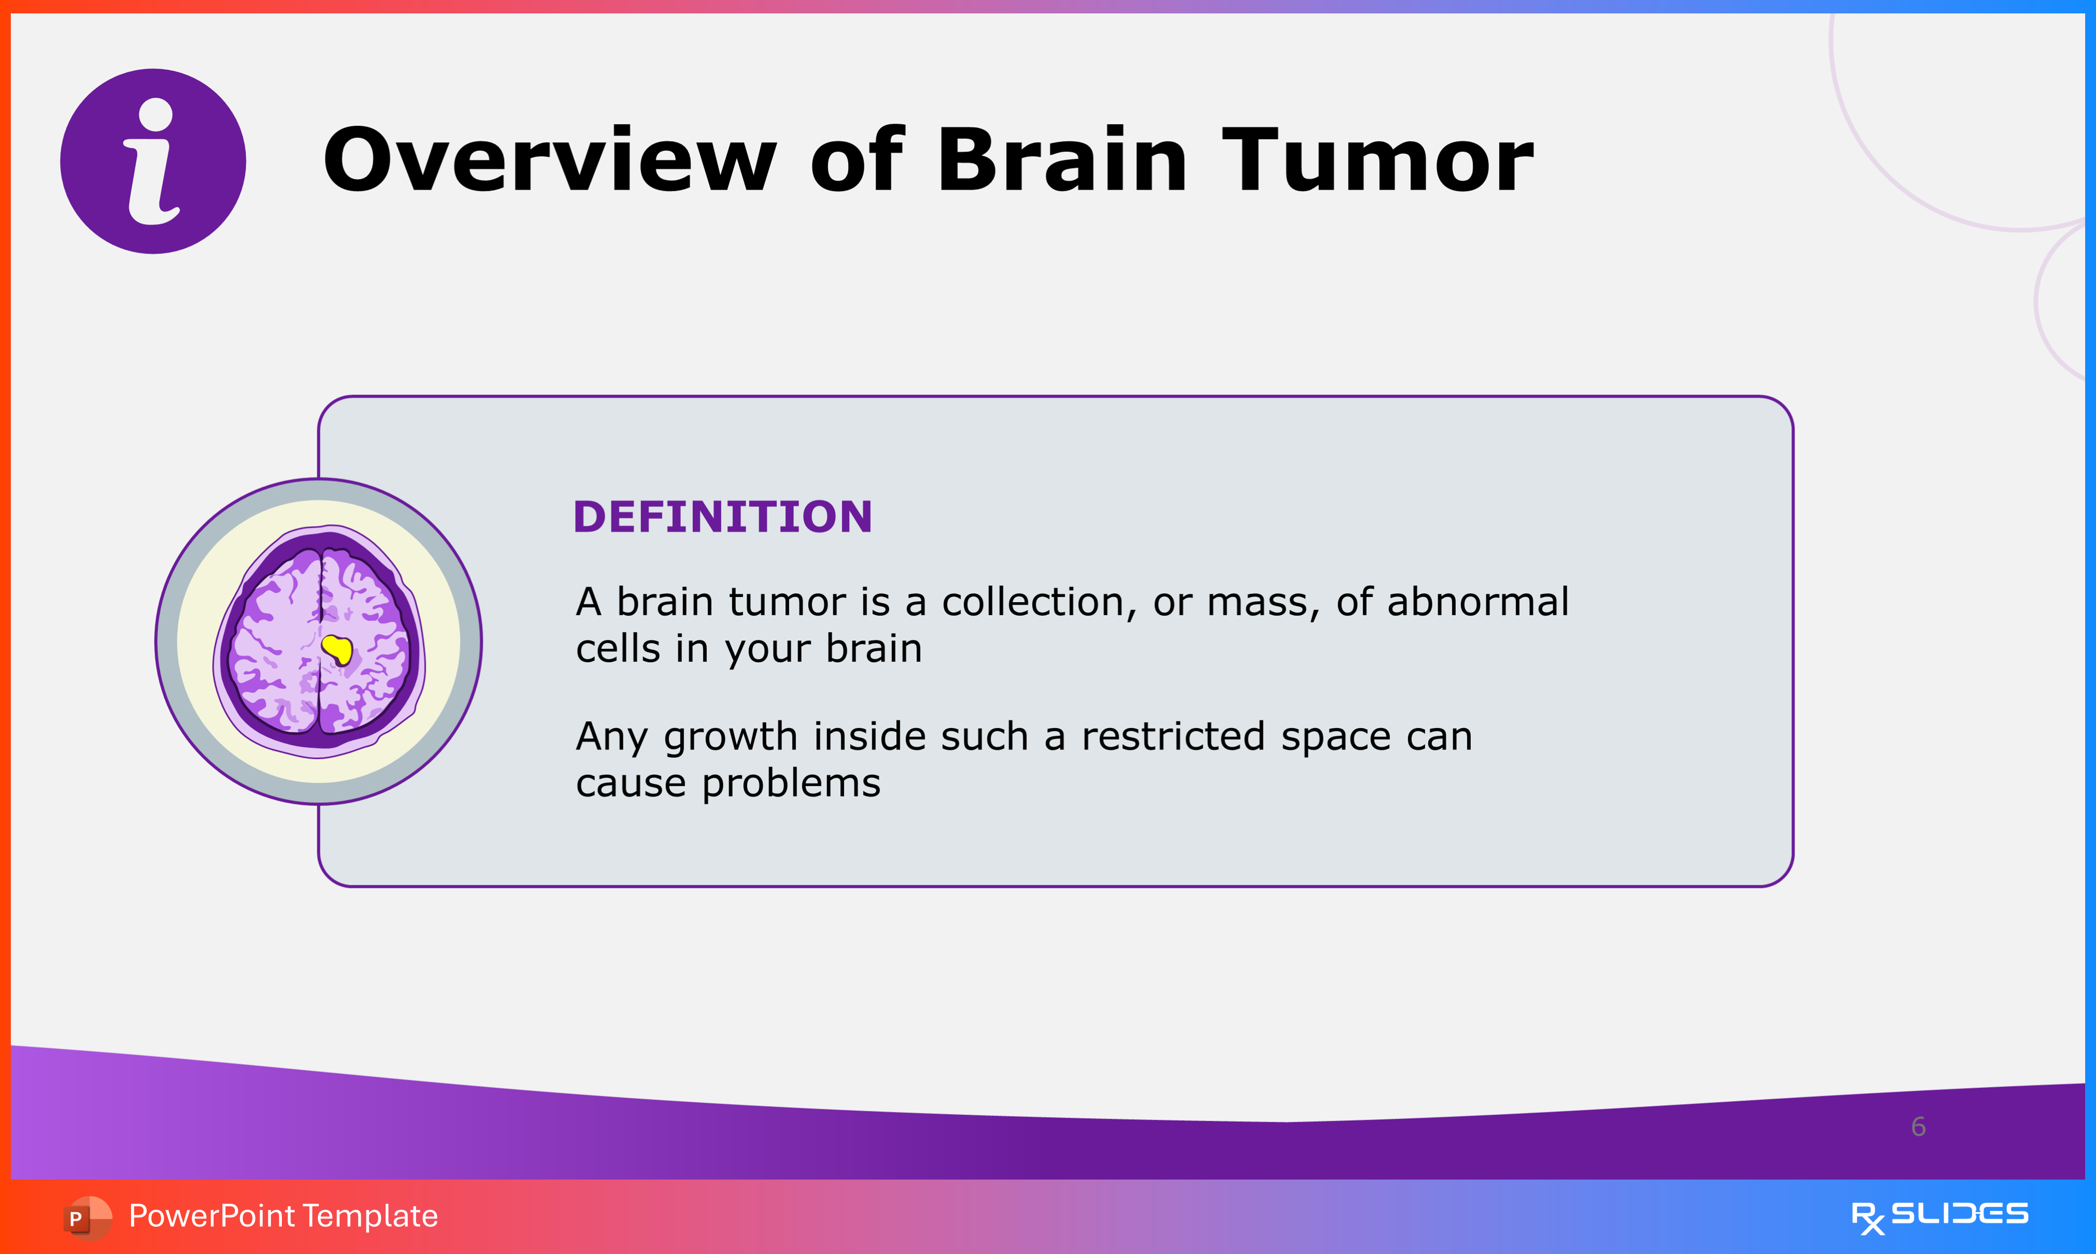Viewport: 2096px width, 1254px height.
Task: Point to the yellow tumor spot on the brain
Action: pyautogui.click(x=337, y=649)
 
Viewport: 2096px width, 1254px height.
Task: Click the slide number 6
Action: pyautogui.click(x=1918, y=1127)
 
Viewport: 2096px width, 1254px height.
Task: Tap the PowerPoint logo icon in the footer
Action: pyautogui.click(x=87, y=1218)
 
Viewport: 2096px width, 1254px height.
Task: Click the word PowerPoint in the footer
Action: pyautogui.click(x=212, y=1216)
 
